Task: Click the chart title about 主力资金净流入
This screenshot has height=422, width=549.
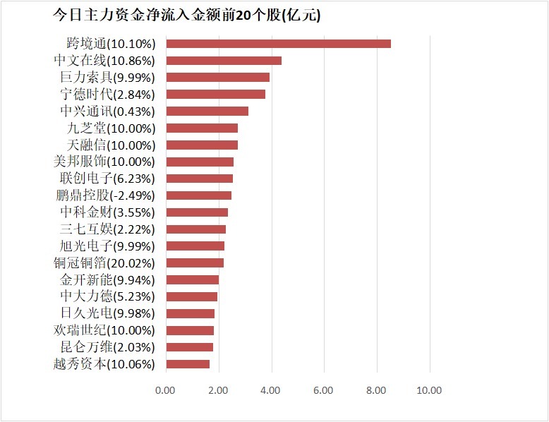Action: pos(186,16)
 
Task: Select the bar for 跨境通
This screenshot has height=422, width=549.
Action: pos(278,44)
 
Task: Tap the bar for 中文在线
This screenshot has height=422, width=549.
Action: pos(224,61)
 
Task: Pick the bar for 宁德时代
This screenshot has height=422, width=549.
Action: pos(215,95)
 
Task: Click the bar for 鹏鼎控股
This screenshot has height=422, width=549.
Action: pos(198,195)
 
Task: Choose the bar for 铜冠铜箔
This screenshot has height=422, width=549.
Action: pos(195,263)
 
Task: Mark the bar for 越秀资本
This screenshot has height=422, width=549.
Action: pos(188,364)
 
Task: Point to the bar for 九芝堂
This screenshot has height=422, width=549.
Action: pos(202,128)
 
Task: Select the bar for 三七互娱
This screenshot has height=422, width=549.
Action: pos(195,229)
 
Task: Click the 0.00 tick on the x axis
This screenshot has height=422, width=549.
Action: pos(165,390)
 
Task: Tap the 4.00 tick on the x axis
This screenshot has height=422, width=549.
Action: pos(271,390)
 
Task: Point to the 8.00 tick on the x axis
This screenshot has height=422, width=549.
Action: pos(377,390)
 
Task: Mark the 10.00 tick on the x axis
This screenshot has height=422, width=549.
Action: pos(429,390)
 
